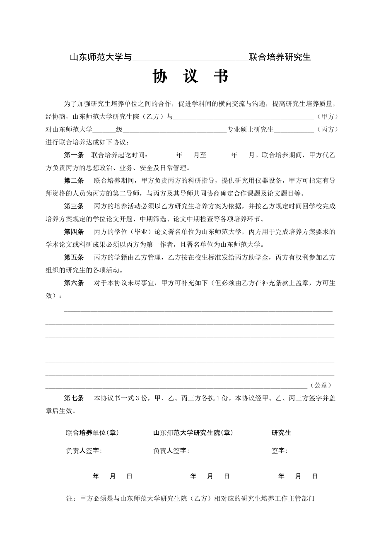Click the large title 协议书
[190, 77]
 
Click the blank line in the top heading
[190, 58]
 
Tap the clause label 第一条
[74, 155]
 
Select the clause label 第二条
[74, 180]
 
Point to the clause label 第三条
[74, 206]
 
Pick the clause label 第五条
[74, 257]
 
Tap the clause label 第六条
[74, 283]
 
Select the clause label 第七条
[74, 398]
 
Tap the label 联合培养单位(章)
[92, 433]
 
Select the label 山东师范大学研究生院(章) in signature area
[193, 433]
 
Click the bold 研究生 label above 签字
[281, 433]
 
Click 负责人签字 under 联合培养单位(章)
[83, 451]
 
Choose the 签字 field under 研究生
[279, 451]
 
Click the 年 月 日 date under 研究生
[298, 476]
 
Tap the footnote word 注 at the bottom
[69, 499]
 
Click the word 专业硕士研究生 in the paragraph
[250, 130]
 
